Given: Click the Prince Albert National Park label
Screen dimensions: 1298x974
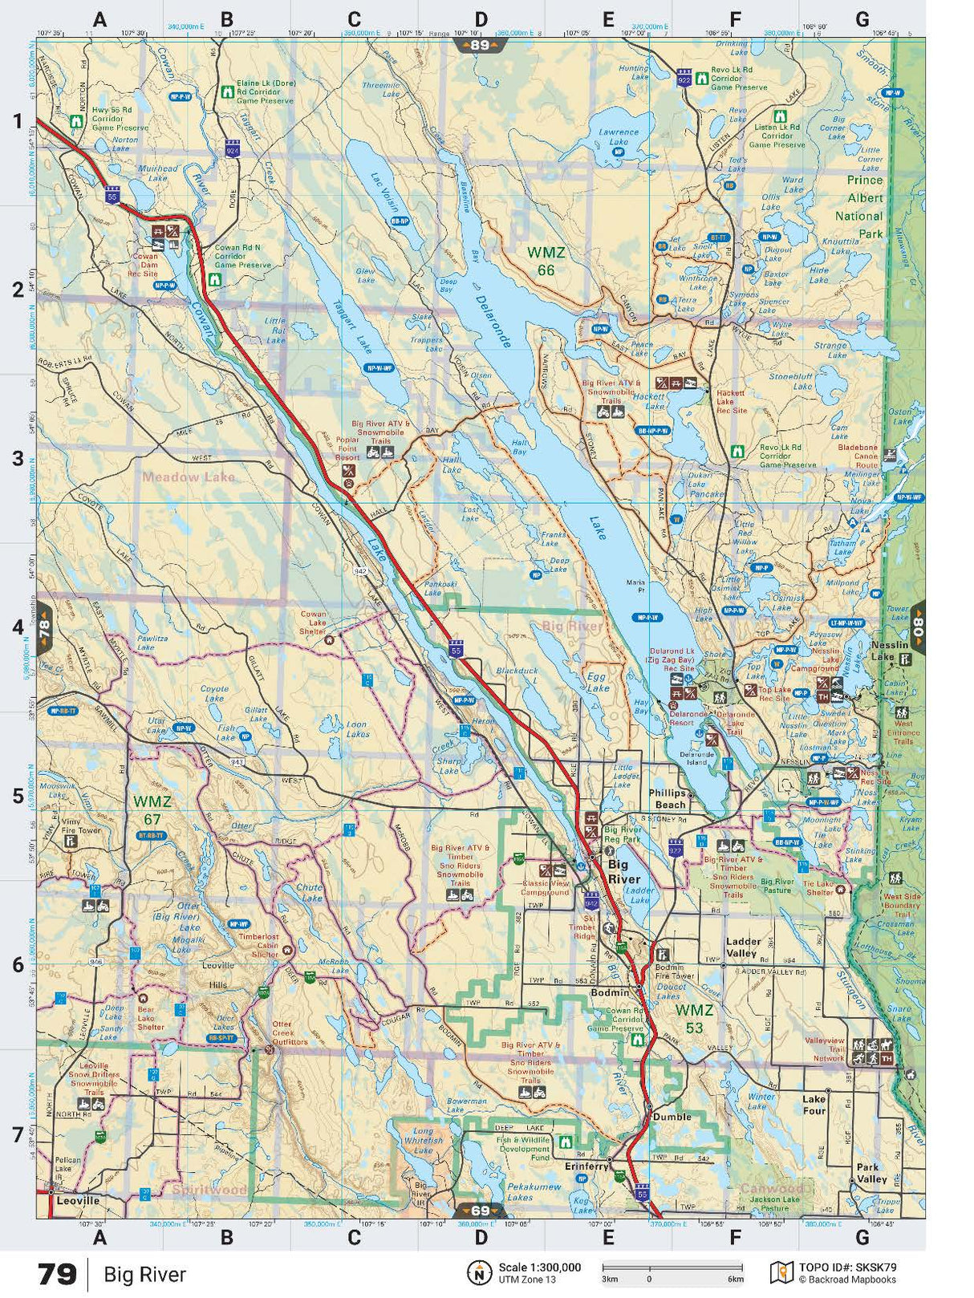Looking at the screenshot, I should tap(858, 207).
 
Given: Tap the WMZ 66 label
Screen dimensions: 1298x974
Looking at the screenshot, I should tap(546, 262).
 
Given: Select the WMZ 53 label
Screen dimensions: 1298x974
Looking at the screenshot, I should tap(694, 1019).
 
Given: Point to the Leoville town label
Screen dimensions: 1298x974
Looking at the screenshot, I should tap(79, 1201).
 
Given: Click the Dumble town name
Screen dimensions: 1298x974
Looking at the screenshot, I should tap(672, 1117).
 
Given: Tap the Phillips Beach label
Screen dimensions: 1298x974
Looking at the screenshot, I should tap(668, 798).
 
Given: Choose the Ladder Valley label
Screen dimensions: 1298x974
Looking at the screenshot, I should tap(742, 947).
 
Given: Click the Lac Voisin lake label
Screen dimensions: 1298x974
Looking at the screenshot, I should tap(385, 190).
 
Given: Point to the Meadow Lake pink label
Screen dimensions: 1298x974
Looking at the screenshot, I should tap(189, 477).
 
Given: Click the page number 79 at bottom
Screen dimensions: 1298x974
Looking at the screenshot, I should tap(57, 1274).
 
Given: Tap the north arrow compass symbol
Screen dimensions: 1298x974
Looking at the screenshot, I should tap(479, 1272).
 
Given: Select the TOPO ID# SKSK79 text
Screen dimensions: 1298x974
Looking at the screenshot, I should tap(846, 1268).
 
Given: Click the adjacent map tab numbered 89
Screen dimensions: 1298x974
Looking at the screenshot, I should tap(479, 45).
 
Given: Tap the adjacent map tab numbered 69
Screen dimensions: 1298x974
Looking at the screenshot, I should tap(480, 1211).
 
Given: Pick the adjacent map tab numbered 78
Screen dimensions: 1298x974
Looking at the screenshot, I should tap(44, 626).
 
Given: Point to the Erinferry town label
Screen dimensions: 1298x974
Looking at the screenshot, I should tap(586, 1166).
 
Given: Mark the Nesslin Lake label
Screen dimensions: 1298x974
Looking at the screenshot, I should tap(889, 651).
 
